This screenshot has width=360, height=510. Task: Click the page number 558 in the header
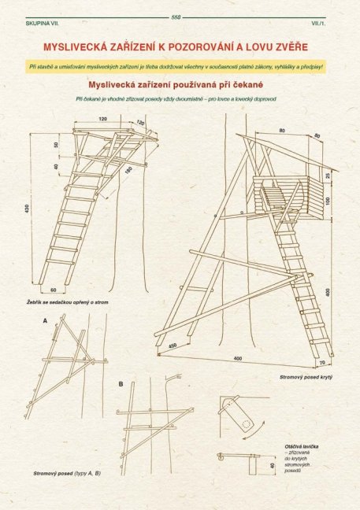(175, 17)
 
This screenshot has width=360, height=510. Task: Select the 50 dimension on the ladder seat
(55, 146)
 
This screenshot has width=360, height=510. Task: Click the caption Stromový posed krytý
(305, 378)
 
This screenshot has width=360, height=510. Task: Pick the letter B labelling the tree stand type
(121, 383)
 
